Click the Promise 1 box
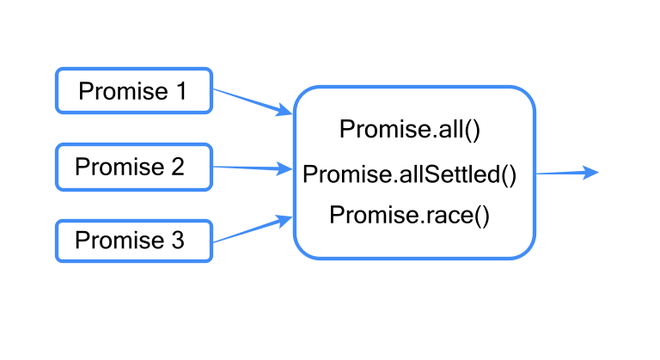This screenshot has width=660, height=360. pos(133,90)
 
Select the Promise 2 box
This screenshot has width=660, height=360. pos(133,167)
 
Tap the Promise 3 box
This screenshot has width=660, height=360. pos(133,241)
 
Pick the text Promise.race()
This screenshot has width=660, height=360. pos(409,215)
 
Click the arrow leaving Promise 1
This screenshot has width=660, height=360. pos(249,101)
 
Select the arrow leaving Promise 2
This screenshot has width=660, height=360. pos(249,168)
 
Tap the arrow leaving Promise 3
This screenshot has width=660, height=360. pos(249,230)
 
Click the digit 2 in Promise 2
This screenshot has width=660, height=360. pos(177,167)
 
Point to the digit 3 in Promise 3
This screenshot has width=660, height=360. pos(177,241)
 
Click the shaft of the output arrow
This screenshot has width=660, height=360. pos(559,173)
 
